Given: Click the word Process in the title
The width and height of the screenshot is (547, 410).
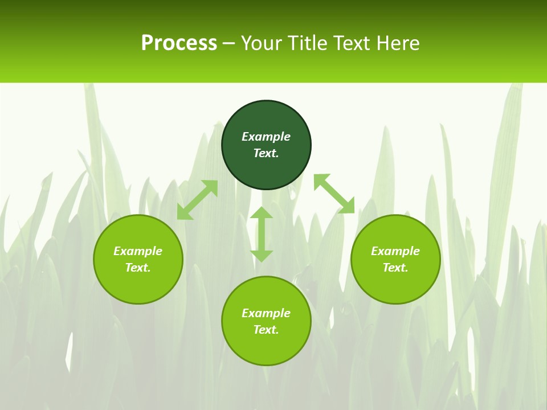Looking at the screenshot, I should pyautogui.click(x=179, y=43).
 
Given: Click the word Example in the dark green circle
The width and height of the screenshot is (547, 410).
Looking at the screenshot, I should pyautogui.click(x=266, y=137).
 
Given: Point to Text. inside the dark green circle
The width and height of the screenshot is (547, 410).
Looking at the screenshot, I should pyautogui.click(x=266, y=153).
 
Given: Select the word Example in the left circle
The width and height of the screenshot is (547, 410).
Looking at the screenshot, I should pyautogui.click(x=138, y=251).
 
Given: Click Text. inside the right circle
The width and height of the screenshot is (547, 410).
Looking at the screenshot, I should pyautogui.click(x=395, y=268).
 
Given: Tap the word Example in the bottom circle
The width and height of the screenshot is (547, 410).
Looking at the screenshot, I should pyautogui.click(x=266, y=313).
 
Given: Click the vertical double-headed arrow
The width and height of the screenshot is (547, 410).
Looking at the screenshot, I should pyautogui.click(x=262, y=235).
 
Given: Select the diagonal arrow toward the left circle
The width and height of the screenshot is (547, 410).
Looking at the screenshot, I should pyautogui.click(x=197, y=200).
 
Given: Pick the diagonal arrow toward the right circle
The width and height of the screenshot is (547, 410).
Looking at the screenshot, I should pyautogui.click(x=334, y=194).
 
